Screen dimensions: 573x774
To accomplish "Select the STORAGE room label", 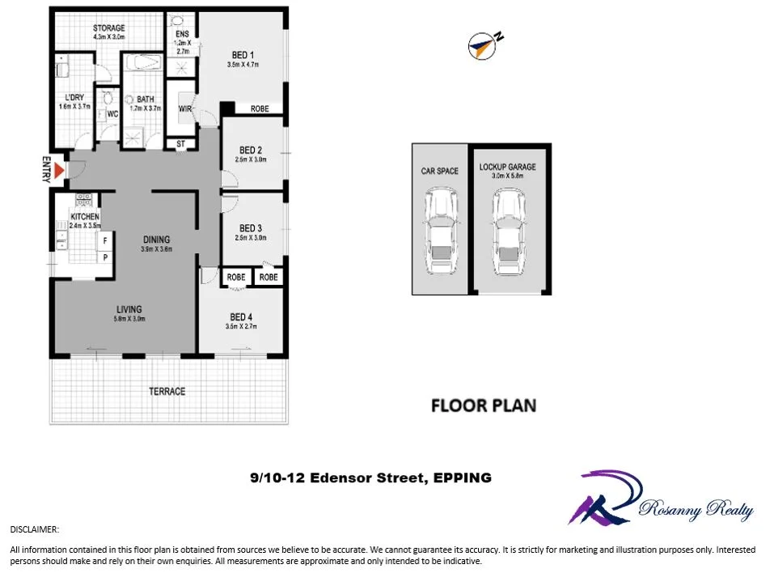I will pos(108,28).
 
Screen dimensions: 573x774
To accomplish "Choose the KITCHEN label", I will pos(85,217).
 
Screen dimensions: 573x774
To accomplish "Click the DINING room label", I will pos(156,239).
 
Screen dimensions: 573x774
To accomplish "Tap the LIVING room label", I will pos(129,309).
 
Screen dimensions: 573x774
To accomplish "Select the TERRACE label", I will pos(167,392).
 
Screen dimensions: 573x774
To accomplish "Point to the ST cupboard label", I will pos(180,145).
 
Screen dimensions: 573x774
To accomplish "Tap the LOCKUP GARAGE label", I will pos(508,168).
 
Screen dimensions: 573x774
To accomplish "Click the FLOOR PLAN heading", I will pos(483,405).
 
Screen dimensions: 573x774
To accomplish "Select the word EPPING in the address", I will pos(462,478).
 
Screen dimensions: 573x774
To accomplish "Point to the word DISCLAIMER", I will pos(34,529).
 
